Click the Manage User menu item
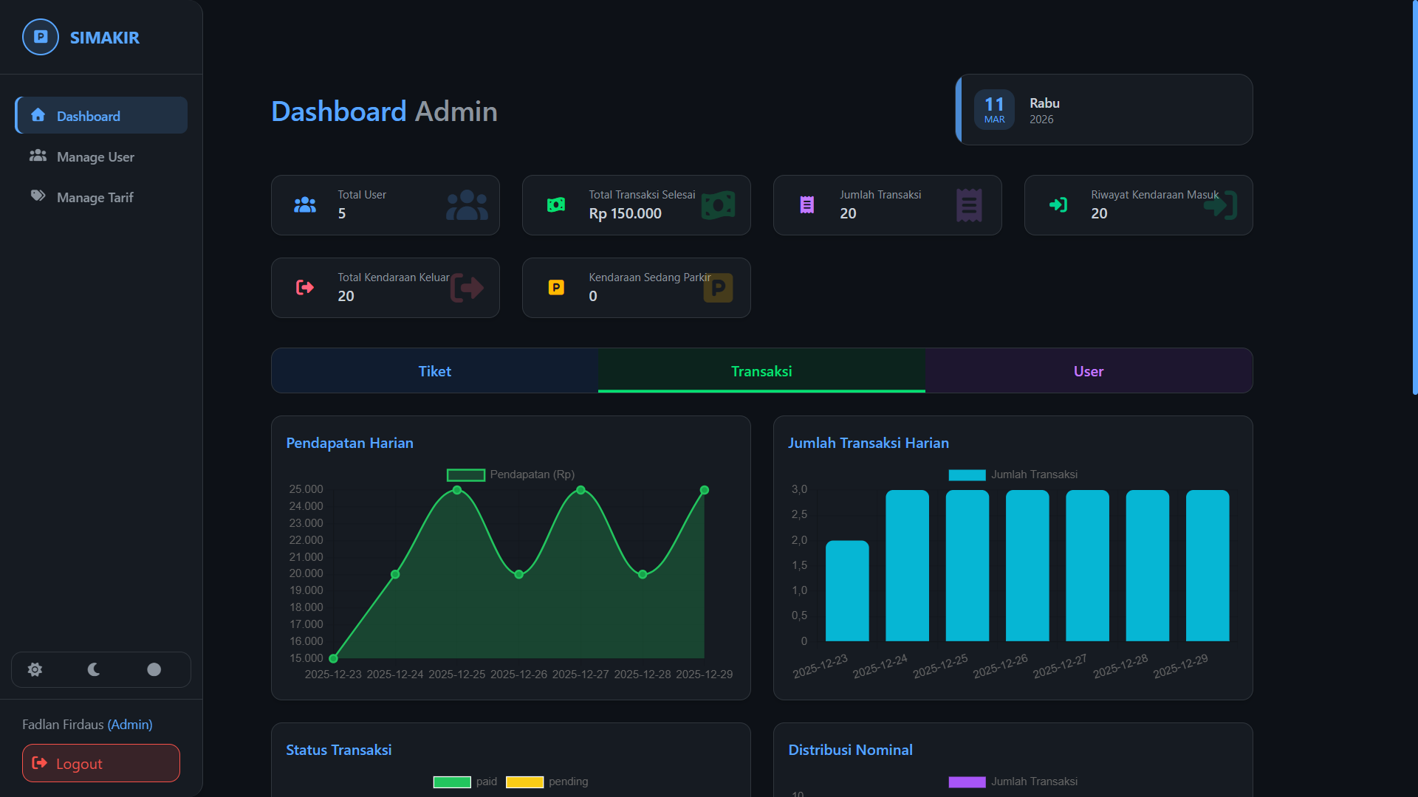95,157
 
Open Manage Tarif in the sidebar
95,198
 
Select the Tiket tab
434,371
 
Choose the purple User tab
1088,371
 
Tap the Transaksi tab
761,371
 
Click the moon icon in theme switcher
94,669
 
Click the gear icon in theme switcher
35,669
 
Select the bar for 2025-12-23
846,590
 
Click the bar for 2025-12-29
1207,565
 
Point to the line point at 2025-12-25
457,490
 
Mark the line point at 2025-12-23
334,658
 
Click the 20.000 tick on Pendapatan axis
306,573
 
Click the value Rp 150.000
625,214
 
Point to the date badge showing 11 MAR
994,109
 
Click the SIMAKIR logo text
104,38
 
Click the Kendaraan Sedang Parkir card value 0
593,297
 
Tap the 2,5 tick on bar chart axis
799,514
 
